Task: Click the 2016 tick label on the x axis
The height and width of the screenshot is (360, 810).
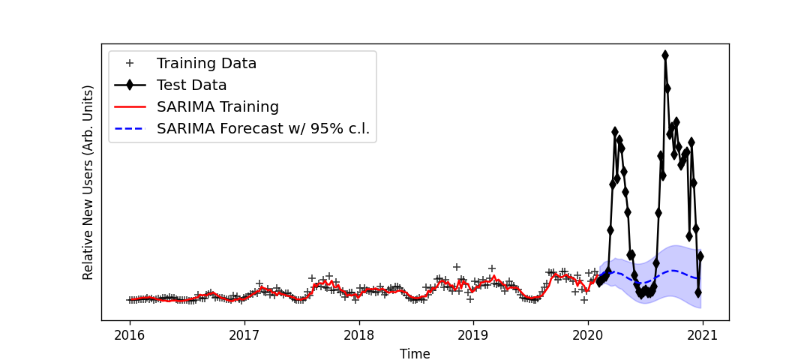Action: coord(130,334)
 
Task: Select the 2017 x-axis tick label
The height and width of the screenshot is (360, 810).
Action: coord(244,334)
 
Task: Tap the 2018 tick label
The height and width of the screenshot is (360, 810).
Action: coord(358,334)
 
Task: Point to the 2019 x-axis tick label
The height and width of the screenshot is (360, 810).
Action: coord(473,334)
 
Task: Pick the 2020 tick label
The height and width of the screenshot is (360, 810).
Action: coord(588,334)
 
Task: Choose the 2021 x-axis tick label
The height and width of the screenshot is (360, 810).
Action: coord(703,334)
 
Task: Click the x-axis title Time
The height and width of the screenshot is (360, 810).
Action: coord(415,354)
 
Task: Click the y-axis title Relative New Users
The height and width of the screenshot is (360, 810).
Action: coord(88,182)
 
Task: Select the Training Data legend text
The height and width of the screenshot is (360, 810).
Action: coord(206,64)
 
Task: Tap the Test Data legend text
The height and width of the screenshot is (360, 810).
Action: coord(191,85)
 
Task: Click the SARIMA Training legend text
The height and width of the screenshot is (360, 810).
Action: coord(217,107)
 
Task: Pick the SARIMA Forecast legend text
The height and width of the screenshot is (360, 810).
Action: coord(262,129)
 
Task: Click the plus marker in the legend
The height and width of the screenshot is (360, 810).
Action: coord(130,64)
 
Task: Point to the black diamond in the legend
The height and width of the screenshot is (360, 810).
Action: coord(130,85)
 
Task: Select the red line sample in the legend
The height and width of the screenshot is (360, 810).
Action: coord(130,107)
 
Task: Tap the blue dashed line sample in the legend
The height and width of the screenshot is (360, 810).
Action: coord(130,129)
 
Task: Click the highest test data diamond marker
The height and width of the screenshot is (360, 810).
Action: coord(665,55)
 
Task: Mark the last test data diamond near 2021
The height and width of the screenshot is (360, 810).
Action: coord(700,256)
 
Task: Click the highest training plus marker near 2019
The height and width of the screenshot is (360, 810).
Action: coord(456,267)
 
